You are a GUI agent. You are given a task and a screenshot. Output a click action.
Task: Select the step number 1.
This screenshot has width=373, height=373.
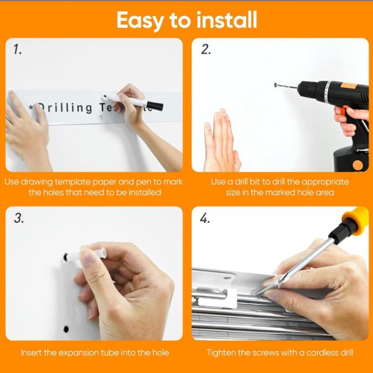[18, 50]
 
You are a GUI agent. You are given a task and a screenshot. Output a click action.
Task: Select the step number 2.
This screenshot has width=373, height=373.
[206, 50]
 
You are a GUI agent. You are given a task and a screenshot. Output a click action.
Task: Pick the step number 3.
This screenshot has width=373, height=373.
[19, 218]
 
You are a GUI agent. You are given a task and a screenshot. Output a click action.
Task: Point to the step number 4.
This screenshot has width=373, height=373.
[205, 218]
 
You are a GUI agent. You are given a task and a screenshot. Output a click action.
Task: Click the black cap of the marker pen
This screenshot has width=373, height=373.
[154, 106]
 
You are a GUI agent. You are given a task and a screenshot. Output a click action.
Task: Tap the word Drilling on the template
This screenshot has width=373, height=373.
[65, 108]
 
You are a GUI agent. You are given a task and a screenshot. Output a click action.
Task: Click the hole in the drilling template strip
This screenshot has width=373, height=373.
[101, 118]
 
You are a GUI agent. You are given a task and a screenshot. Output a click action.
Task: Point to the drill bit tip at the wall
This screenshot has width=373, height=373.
[276, 85]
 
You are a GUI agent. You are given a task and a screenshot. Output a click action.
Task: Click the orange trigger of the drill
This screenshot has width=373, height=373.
[341, 111]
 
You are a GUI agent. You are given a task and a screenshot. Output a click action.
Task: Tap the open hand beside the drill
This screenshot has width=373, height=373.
[221, 140]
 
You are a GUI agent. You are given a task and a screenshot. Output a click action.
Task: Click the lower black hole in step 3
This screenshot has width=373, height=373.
[66, 329]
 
